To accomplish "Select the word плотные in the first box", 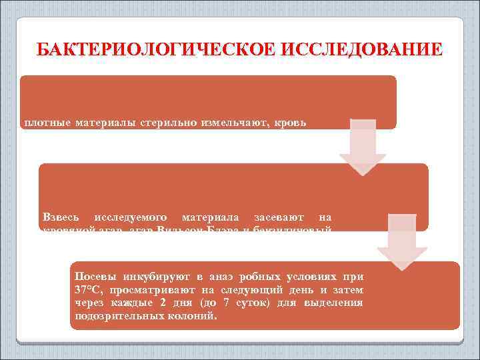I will pos(47,123).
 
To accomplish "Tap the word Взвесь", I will pos(61,217).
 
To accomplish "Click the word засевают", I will pos(279,217).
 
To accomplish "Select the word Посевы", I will pos(95,276).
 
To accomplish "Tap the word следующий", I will pos(249,289).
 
